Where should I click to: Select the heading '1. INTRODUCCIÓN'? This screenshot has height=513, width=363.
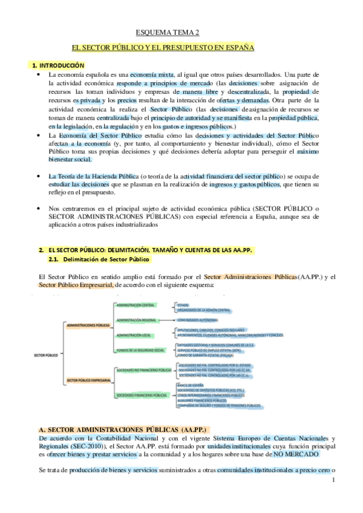pos(58,65)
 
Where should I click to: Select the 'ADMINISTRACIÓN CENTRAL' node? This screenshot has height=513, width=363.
pos(136,305)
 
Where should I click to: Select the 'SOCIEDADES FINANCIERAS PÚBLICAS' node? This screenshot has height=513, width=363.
pos(142,395)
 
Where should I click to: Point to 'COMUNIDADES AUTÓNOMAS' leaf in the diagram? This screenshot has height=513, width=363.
pos(197,319)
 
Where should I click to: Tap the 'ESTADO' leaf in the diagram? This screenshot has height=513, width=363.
pos(183,304)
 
